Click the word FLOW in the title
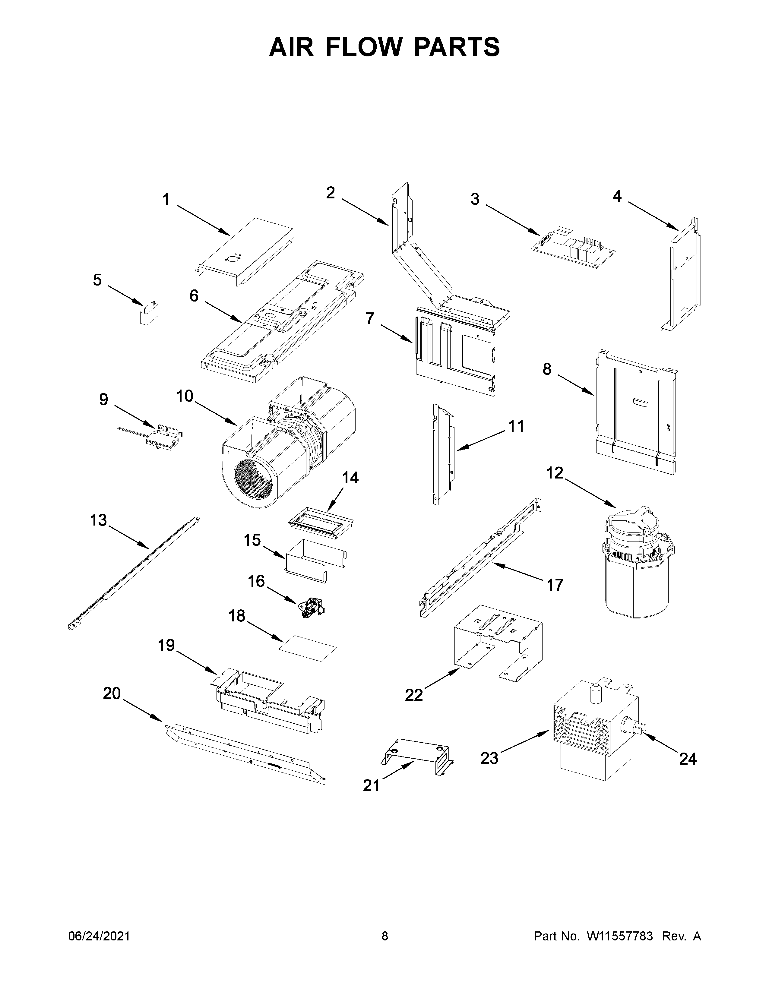[369, 47]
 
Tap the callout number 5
[97, 280]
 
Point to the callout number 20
[112, 693]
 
